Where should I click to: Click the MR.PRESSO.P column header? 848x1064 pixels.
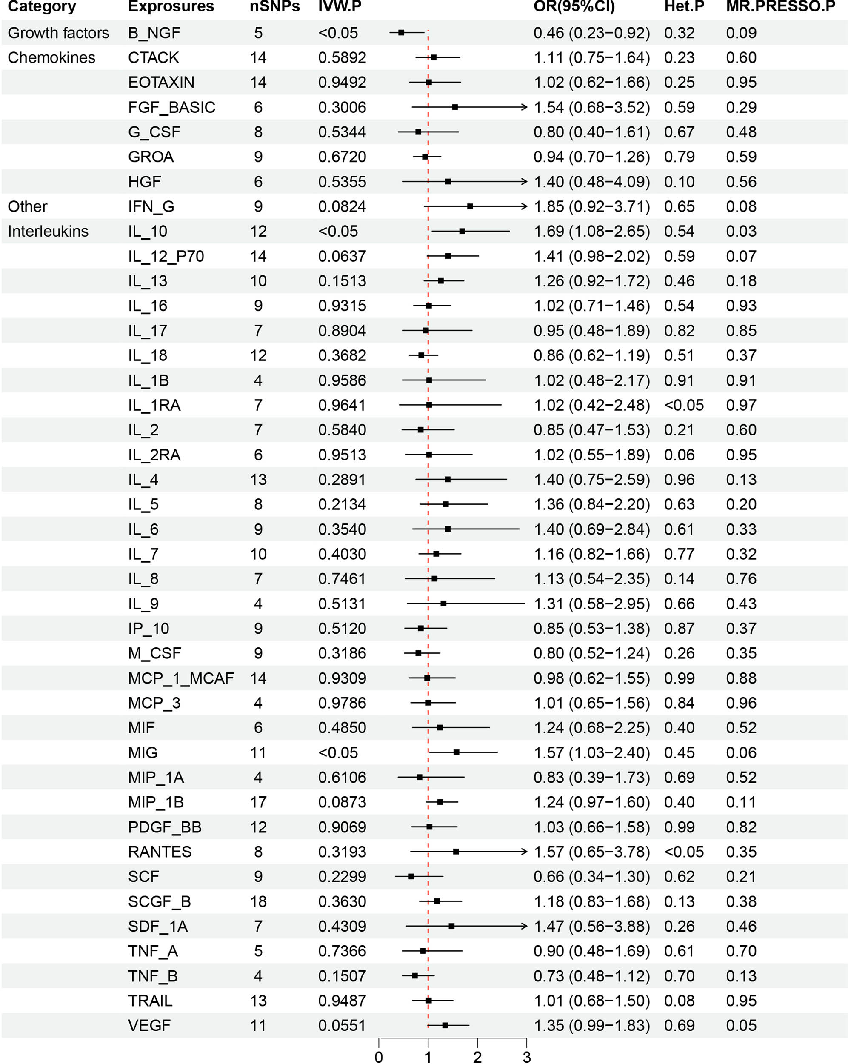pyautogui.click(x=780, y=6)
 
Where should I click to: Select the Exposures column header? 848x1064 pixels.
pyautogui.click(x=171, y=6)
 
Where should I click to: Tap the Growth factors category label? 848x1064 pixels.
pyautogui.click(x=58, y=33)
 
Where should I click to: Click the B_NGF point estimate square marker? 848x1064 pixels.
pyautogui.click(x=401, y=33)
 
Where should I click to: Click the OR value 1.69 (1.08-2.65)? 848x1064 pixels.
pyautogui.click(x=591, y=232)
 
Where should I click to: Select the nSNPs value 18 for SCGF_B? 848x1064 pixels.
pyautogui.click(x=258, y=902)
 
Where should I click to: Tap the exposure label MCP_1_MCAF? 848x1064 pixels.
pyautogui.click(x=180, y=678)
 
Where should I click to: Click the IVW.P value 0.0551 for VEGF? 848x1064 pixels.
pyautogui.click(x=342, y=1026)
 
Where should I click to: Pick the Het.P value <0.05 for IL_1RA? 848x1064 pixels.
pyautogui.click(x=684, y=405)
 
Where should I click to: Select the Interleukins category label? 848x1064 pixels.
pyautogui.click(x=48, y=232)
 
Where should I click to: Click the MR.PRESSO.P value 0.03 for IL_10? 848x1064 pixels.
pyautogui.click(x=741, y=232)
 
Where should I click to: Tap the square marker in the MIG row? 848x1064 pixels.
pyautogui.click(x=456, y=752)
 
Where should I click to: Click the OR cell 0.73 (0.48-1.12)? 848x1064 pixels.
pyautogui.click(x=591, y=975)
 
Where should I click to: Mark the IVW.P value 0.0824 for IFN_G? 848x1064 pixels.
pyautogui.click(x=342, y=206)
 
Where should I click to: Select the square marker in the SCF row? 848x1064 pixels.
pyautogui.click(x=411, y=876)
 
